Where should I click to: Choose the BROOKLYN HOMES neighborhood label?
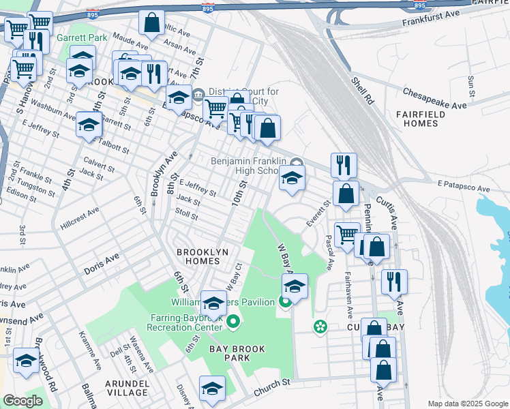click(202, 257)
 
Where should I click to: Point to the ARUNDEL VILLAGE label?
click(127, 388)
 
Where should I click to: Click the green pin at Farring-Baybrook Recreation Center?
click(233, 320)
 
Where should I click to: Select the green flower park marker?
click(320, 328)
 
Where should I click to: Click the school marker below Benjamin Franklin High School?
click(292, 178)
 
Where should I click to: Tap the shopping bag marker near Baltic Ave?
click(151, 22)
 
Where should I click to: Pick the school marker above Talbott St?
click(89, 125)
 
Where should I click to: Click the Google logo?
click(22, 401)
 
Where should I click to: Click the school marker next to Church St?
click(212, 389)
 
